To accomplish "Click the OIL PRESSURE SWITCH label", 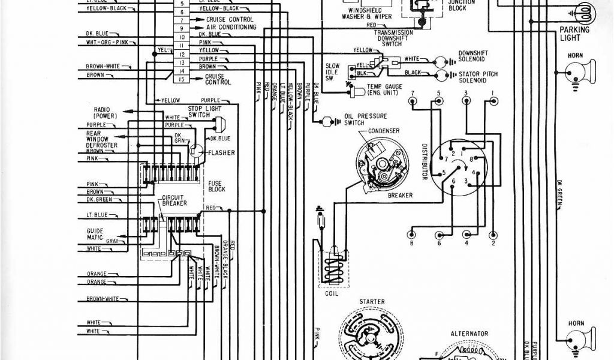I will [x=358, y=119].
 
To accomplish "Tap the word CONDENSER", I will [x=384, y=131].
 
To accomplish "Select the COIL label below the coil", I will [x=331, y=293].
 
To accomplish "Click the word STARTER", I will [x=372, y=302].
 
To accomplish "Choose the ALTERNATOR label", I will [x=469, y=334].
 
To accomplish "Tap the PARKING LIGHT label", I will [x=574, y=34].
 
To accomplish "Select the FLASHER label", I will [x=221, y=152].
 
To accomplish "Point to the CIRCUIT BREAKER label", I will [x=174, y=200].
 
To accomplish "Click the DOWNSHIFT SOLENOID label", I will [x=473, y=56].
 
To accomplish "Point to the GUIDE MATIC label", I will [x=95, y=234].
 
